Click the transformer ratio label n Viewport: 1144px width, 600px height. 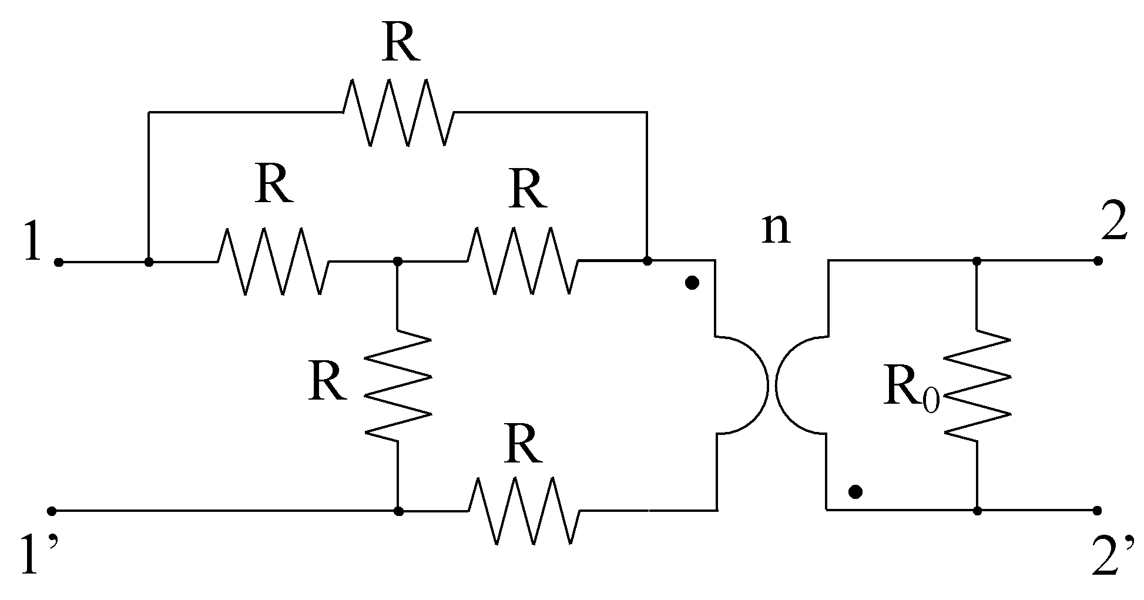pos(776,229)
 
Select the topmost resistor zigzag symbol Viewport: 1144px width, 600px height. pos(398,112)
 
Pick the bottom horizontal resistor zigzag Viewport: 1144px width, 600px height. pos(525,510)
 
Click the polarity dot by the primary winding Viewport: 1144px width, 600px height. pos(692,283)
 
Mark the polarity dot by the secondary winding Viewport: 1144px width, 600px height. pos(856,491)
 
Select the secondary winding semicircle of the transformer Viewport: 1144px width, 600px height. pos(801,386)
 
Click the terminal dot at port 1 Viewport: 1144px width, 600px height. pos(58,262)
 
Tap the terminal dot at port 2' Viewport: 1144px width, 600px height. pos(1097,511)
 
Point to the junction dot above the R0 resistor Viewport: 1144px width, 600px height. pos(977,260)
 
